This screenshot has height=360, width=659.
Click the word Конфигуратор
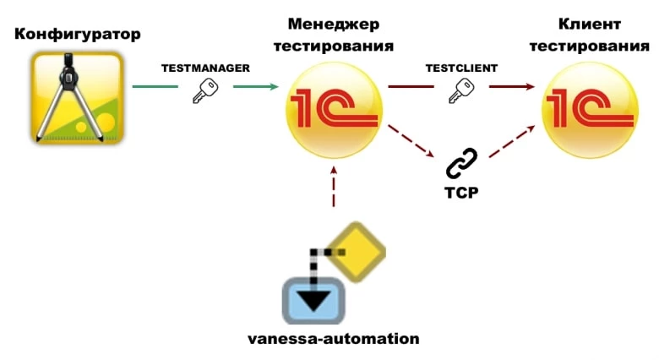[77, 35]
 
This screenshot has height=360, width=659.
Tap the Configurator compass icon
[75, 95]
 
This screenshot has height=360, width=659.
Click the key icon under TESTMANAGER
[204, 90]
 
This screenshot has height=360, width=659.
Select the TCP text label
[461, 192]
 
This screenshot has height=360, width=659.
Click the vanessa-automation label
[333, 339]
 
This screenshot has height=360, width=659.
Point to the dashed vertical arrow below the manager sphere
[335, 190]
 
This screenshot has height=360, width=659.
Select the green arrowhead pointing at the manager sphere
[273, 86]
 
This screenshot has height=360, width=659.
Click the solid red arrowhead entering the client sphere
[528, 86]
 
